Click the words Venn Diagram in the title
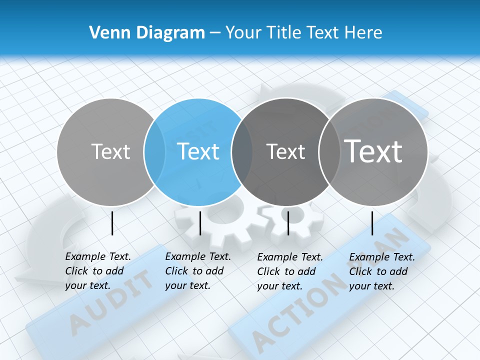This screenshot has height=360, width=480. [x=147, y=32]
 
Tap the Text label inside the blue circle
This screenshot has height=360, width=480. [x=198, y=151]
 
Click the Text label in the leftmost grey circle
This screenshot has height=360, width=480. [x=110, y=151]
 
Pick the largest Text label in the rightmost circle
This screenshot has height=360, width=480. [x=373, y=151]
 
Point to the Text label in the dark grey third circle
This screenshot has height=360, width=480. [x=285, y=151]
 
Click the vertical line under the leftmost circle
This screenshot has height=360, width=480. [x=112, y=223]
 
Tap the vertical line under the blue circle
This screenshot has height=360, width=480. [x=200, y=223]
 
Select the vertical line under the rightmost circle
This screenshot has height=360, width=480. [x=372, y=223]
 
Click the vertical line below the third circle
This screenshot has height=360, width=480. [x=288, y=223]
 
